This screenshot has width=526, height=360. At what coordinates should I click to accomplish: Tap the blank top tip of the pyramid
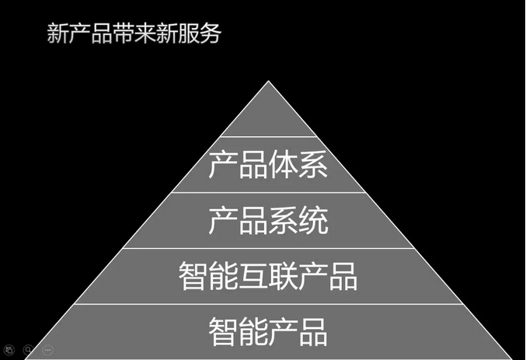pos(269,117)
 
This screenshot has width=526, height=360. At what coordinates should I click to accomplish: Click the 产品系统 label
pos(269,221)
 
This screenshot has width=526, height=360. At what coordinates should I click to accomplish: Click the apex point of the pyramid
pos(269,82)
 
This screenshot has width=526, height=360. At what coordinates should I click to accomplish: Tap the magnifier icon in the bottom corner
pos(28,351)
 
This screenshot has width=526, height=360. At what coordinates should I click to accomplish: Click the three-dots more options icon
pos(48,351)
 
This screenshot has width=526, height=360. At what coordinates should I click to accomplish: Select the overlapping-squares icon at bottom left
pos(9,351)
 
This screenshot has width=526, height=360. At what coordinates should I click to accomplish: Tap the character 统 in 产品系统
pos(314,221)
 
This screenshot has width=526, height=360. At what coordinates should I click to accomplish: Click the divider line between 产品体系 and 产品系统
pos(269,193)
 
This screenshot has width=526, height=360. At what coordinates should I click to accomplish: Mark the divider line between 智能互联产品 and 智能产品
pos(269,304)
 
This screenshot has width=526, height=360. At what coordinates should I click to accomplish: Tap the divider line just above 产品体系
pos(269,138)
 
